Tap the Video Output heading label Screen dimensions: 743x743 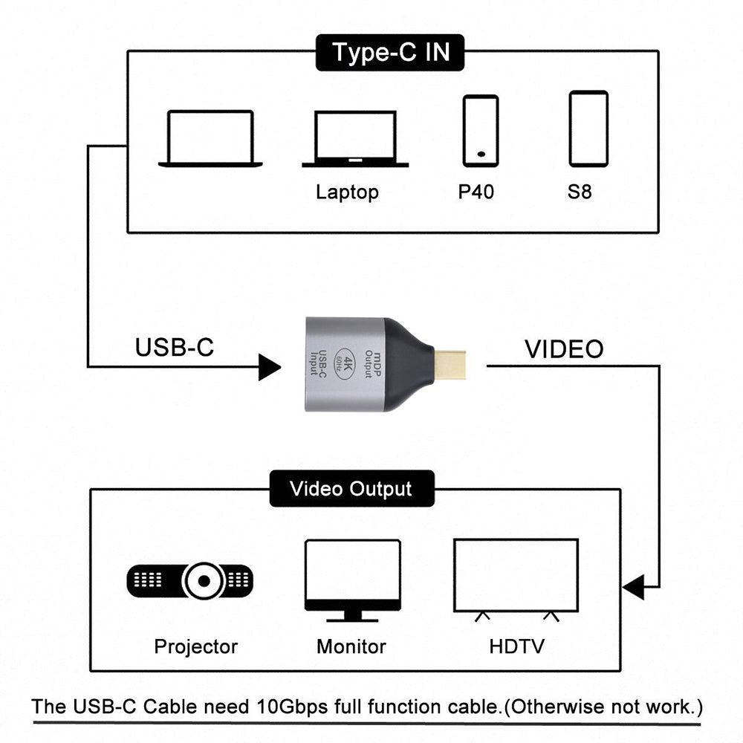click(x=351, y=489)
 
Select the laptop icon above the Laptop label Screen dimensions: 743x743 click(x=355, y=139)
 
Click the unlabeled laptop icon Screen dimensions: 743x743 click(x=210, y=138)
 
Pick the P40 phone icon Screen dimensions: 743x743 click(x=481, y=130)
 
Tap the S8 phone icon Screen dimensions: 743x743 click(x=588, y=129)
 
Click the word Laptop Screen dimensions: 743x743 click(x=347, y=192)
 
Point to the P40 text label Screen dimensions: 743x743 click(x=476, y=192)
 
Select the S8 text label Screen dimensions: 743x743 click(x=580, y=192)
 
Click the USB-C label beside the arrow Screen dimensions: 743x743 click(x=175, y=347)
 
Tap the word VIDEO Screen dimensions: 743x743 click(x=564, y=348)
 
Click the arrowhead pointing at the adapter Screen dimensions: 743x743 click(x=269, y=366)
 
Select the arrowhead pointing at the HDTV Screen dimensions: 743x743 click(x=633, y=587)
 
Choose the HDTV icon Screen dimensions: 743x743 click(x=516, y=579)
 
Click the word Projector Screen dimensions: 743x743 click(x=196, y=646)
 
